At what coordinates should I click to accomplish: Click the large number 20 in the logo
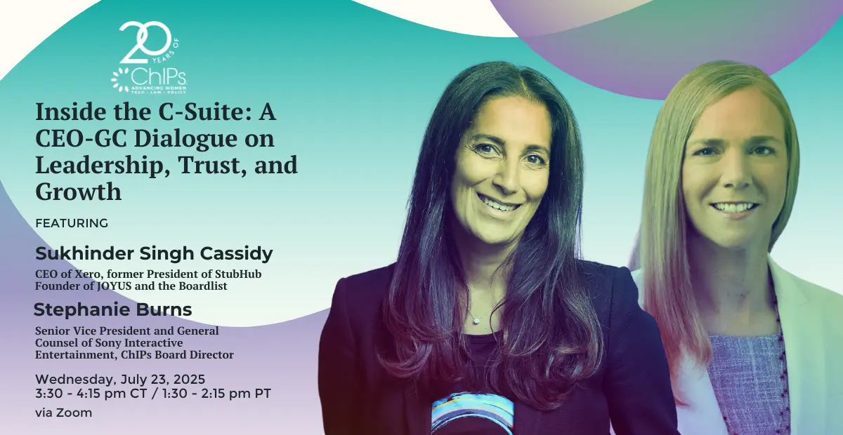click(x=145, y=42)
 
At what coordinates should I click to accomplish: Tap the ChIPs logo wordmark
click(x=158, y=76)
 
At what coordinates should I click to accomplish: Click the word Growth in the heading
click(x=79, y=192)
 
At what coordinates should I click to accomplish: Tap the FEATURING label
click(x=72, y=223)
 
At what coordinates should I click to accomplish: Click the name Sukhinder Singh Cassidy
click(x=154, y=254)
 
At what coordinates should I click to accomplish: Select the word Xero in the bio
click(x=88, y=274)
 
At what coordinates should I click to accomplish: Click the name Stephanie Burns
click(x=113, y=310)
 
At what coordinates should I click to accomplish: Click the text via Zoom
click(x=64, y=413)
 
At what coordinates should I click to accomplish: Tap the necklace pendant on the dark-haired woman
click(x=476, y=321)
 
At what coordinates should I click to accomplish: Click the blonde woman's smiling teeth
click(x=734, y=208)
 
